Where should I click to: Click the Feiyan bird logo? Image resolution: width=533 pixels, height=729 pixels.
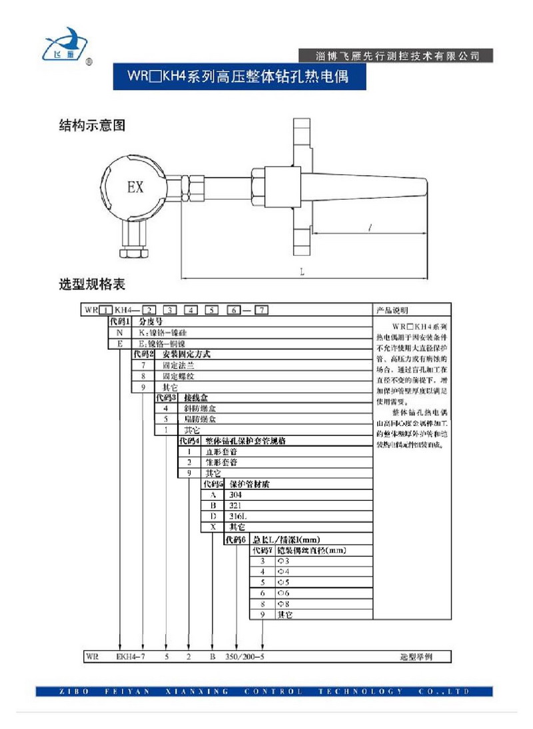[x=65, y=45]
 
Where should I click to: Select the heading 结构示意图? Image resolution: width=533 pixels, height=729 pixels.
[x=92, y=125]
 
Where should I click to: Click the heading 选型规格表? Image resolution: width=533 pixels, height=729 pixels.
[x=92, y=285]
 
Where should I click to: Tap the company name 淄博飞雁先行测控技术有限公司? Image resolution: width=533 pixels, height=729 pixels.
[x=398, y=56]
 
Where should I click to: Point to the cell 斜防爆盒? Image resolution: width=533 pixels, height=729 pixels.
[x=201, y=408]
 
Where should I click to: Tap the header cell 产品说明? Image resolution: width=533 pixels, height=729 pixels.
[x=394, y=310]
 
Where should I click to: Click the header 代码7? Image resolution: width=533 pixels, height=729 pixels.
[x=261, y=551]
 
